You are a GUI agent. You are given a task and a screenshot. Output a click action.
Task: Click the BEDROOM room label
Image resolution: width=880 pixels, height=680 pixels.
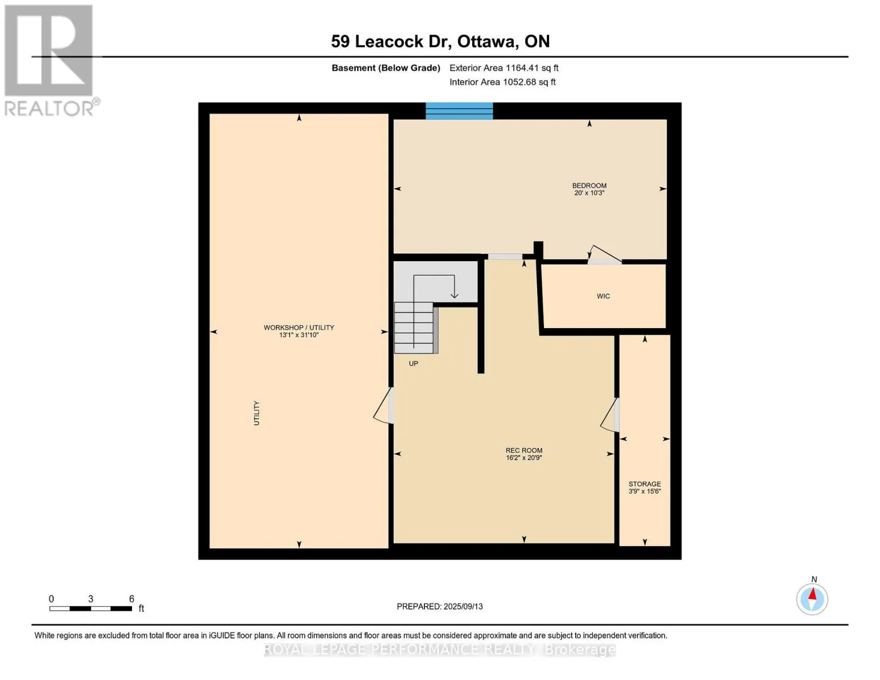589,185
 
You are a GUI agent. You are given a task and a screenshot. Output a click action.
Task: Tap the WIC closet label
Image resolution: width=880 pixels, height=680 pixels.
603,296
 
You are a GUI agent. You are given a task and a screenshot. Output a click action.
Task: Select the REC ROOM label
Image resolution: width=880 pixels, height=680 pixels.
524,450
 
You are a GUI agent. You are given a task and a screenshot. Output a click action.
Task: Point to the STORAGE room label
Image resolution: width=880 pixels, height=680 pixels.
644,483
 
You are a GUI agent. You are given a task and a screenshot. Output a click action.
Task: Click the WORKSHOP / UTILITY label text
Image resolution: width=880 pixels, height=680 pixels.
299,327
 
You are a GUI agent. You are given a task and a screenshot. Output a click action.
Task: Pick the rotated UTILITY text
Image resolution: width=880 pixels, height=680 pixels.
256,413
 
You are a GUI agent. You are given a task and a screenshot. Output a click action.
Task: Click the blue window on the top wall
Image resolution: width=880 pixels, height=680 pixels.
459,111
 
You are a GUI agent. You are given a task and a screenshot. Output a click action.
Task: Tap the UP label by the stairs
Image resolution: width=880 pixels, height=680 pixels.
413,363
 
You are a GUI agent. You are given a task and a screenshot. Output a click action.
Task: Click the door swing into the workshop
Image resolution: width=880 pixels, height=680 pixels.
383,405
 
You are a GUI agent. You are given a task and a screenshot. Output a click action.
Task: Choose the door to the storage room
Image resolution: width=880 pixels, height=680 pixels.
610,415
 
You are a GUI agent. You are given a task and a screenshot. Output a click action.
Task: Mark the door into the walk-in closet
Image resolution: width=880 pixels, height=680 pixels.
604,255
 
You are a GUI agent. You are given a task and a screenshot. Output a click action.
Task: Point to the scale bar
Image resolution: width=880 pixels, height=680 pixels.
91,608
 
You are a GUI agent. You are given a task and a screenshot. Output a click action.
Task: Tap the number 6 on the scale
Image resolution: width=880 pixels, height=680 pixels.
131,598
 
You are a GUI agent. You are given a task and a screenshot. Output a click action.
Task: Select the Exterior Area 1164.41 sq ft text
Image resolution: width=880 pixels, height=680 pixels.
504,68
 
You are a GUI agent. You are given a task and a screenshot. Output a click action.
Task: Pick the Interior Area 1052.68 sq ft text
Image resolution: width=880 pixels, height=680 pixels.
503,82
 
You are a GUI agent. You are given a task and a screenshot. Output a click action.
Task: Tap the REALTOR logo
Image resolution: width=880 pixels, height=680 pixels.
50,61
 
